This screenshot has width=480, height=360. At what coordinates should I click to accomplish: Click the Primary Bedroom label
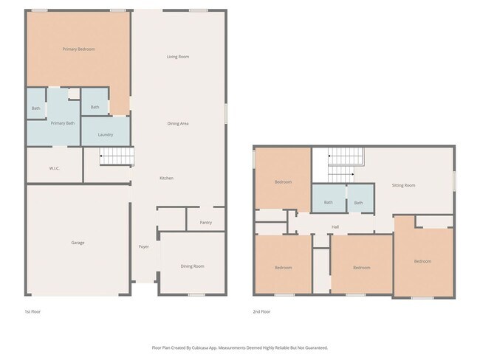click(78, 49)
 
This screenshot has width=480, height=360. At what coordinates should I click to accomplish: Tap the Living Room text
click(177, 57)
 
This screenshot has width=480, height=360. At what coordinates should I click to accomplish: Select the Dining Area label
click(177, 123)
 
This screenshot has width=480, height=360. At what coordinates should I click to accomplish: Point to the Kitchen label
click(167, 179)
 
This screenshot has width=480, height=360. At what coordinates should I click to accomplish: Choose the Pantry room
click(205, 222)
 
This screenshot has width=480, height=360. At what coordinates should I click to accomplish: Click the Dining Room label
click(192, 266)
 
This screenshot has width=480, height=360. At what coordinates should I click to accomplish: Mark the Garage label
click(78, 243)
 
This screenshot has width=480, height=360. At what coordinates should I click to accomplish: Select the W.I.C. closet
click(55, 169)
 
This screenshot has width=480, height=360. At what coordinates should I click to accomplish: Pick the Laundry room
click(105, 135)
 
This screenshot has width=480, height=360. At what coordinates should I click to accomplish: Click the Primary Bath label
click(63, 123)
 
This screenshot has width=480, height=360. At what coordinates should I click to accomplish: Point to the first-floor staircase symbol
click(117, 156)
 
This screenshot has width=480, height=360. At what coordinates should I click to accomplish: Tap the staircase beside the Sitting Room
click(345, 164)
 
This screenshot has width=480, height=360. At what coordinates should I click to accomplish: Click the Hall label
click(335, 227)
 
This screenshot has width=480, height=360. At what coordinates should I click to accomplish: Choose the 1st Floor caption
click(32, 312)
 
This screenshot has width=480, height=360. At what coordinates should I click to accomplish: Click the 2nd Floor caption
click(261, 312)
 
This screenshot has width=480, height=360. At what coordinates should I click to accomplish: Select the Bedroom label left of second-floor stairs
click(283, 182)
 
